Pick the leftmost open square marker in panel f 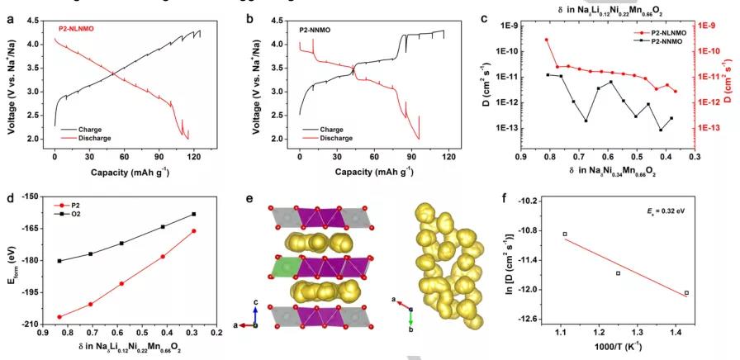click(x=565, y=234)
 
